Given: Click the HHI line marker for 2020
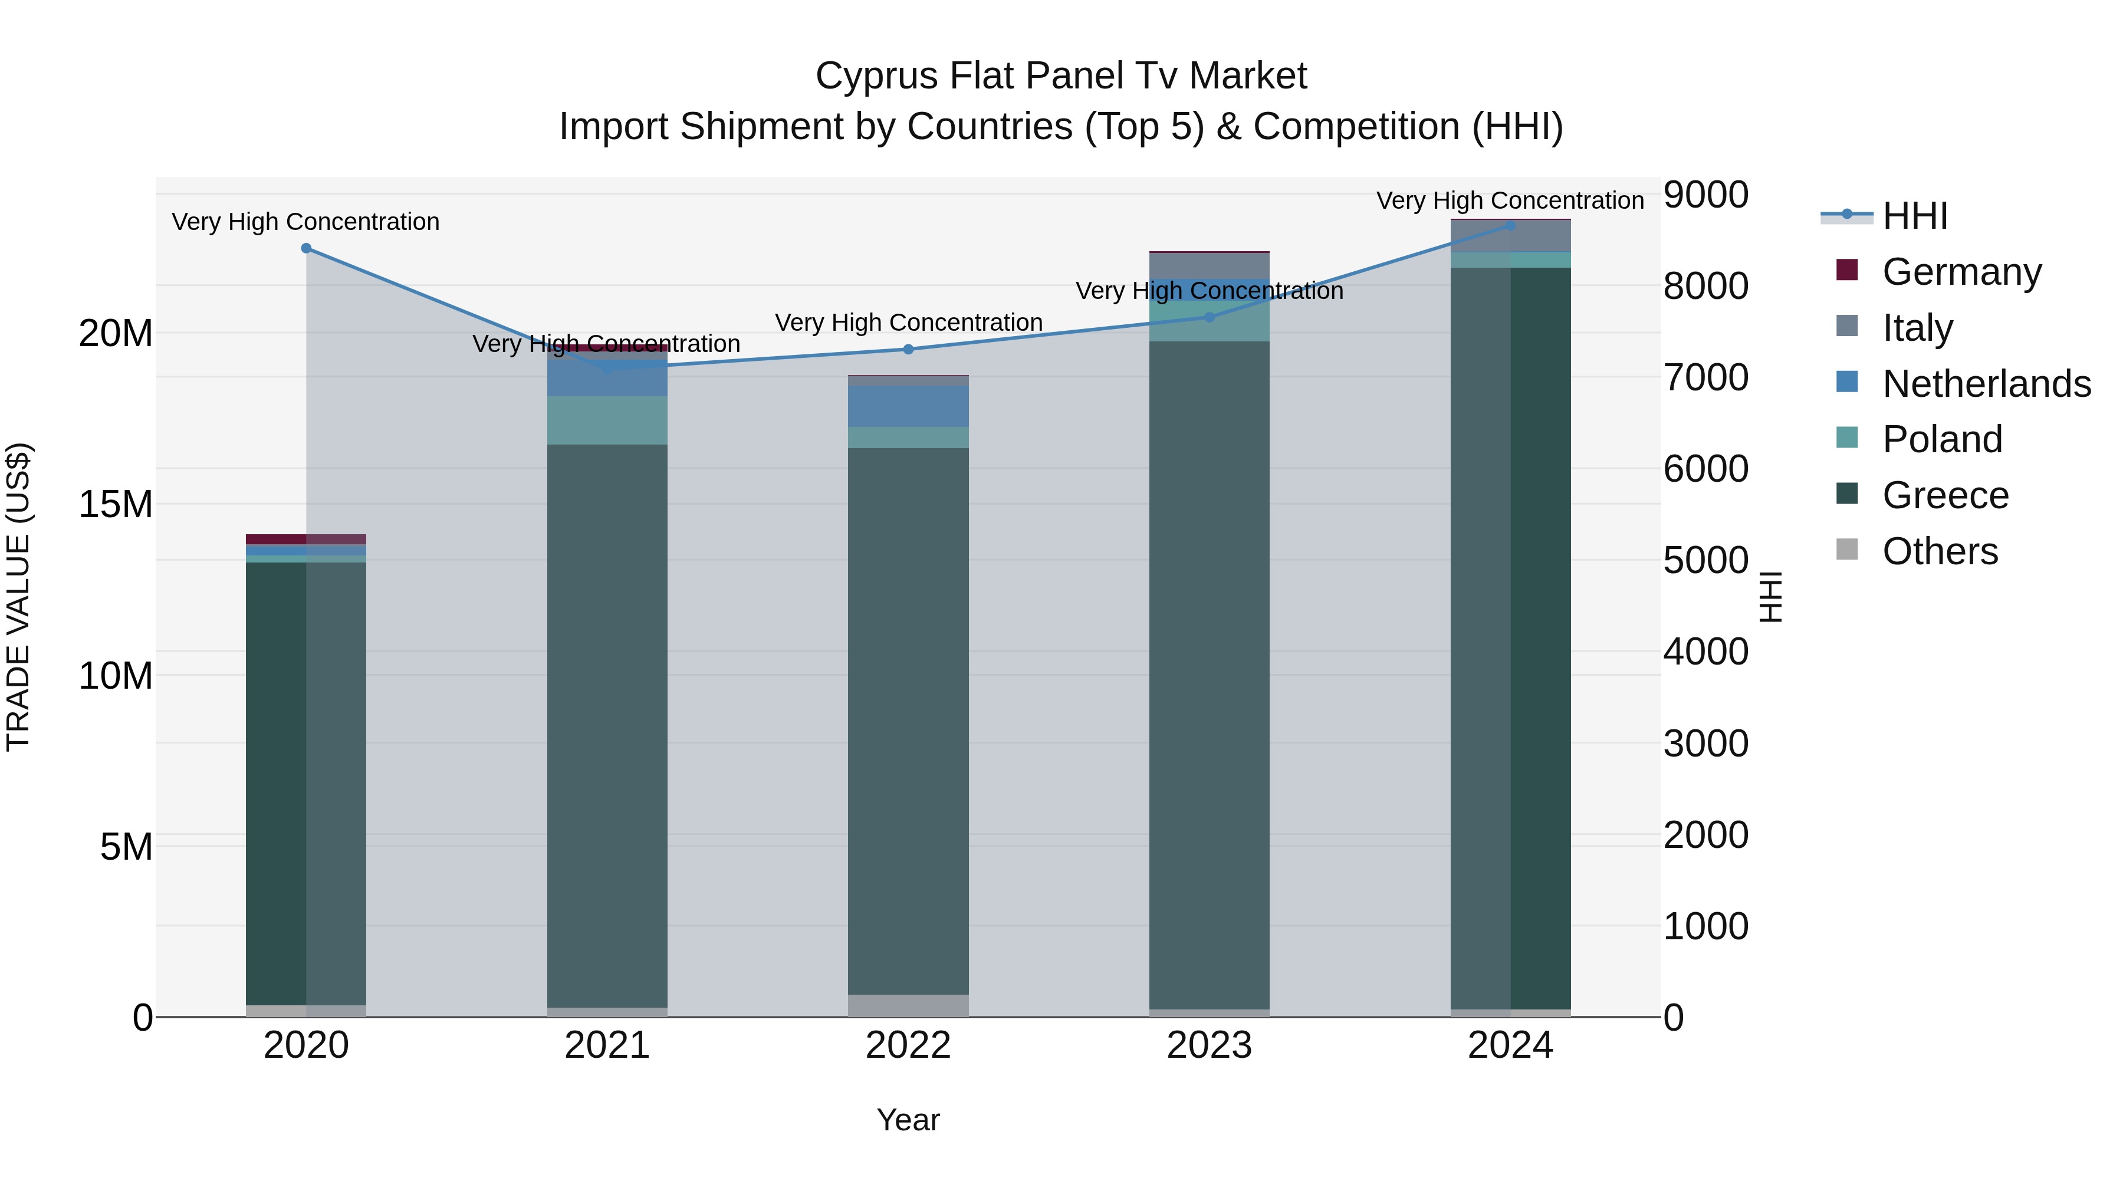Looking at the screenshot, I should tap(307, 248).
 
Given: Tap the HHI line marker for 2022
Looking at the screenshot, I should tap(908, 350).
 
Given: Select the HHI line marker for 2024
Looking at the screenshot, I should tap(1511, 225).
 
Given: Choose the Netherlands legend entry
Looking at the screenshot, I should tap(1986, 384).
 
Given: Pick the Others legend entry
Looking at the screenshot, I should tap(1940, 551).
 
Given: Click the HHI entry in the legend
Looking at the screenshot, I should tap(1914, 216).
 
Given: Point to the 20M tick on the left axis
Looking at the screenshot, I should tap(116, 334).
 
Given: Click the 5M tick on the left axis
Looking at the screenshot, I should tap(126, 847).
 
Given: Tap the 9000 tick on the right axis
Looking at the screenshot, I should tap(1705, 195).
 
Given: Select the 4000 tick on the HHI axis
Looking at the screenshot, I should tap(1705, 652).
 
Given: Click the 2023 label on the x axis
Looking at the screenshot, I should tap(1209, 1045).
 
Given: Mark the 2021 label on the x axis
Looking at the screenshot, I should tap(607, 1045).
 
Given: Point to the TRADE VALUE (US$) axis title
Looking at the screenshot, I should tap(18, 597).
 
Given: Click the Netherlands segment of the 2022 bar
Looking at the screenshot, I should tap(908, 406).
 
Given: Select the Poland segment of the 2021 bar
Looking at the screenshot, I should tap(607, 420).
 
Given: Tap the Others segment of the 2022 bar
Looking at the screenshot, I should tap(908, 1005).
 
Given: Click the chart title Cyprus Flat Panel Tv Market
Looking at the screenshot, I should tap(1061, 76).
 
